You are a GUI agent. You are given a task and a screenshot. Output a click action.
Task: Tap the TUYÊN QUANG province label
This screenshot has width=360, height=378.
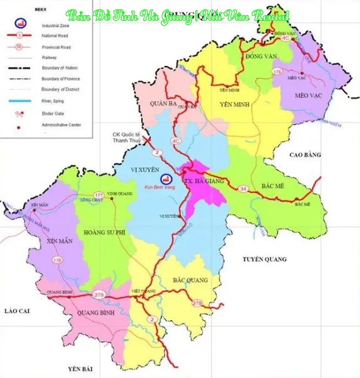tap(265, 259)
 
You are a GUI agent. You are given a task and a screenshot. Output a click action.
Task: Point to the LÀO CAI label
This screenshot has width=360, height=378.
tap(13, 311)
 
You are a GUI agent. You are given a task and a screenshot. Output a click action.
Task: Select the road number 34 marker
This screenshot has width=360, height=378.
tap(242, 188)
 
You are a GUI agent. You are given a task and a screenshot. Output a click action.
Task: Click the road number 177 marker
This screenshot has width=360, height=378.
tap(99, 196)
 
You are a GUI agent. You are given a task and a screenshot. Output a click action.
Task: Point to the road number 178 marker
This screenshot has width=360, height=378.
tap(58, 260)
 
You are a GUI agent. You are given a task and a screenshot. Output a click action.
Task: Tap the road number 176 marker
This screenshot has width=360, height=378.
tap(277, 73)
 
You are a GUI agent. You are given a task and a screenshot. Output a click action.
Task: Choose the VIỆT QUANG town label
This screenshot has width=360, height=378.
tap(143, 292)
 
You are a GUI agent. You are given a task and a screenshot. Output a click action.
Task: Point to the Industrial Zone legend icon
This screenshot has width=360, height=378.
tap(19, 25)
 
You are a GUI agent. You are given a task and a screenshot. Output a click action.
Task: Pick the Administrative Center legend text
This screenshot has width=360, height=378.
tap(61, 125)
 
